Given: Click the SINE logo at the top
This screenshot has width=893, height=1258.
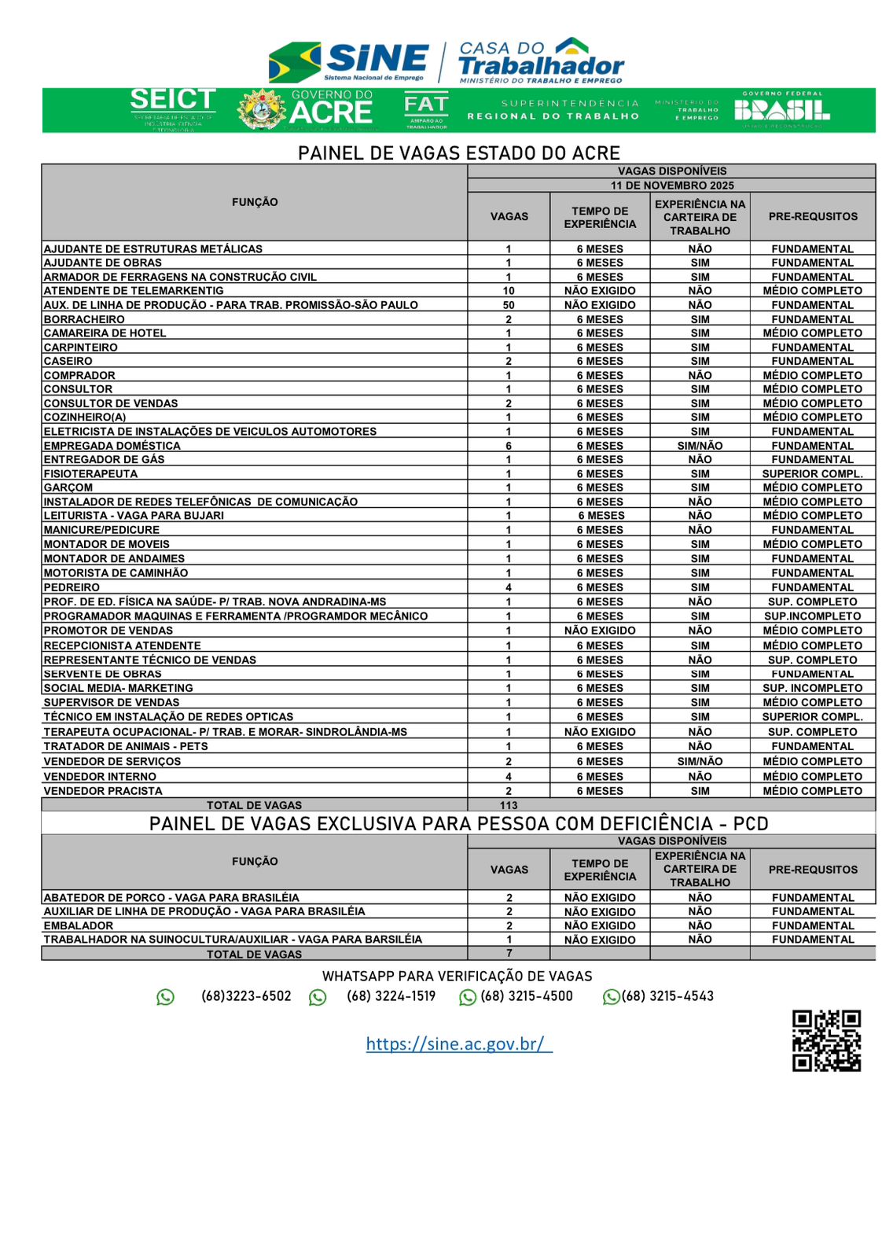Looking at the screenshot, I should point(350,61).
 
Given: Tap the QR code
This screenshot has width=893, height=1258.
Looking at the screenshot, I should point(826,1040).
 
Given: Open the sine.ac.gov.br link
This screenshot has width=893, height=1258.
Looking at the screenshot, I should point(458,1043).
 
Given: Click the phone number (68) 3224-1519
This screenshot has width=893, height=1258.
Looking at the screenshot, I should point(391,996).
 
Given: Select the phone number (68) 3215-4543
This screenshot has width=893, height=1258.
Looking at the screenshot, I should point(667,996).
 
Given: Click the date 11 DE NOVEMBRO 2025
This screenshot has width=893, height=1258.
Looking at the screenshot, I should point(672,186).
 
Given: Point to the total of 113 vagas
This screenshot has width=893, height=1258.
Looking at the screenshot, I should point(509,805).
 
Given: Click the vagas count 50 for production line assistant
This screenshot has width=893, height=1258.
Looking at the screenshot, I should point(509,305).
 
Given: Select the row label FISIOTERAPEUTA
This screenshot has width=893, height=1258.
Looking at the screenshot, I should point(90,474).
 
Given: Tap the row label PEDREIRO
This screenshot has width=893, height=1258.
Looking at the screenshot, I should point(72,587).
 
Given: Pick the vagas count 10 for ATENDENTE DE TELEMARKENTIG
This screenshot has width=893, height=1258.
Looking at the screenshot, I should point(509,291).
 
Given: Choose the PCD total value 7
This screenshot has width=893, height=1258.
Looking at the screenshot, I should point(509,953).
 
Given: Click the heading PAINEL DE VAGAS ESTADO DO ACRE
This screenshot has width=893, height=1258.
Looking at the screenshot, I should point(459,153).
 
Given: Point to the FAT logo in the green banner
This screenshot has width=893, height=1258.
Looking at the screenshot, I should point(426,109).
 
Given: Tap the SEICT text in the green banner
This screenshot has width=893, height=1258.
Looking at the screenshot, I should point(172,101).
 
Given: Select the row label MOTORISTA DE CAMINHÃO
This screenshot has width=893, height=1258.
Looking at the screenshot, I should point(116,573).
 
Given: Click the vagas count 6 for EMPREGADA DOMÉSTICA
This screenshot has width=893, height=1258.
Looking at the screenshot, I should point(509,446).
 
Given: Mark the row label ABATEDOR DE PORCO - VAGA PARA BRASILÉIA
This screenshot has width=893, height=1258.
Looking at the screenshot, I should point(171,897).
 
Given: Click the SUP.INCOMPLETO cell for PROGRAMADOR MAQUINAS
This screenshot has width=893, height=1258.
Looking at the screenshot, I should point(812,616).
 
